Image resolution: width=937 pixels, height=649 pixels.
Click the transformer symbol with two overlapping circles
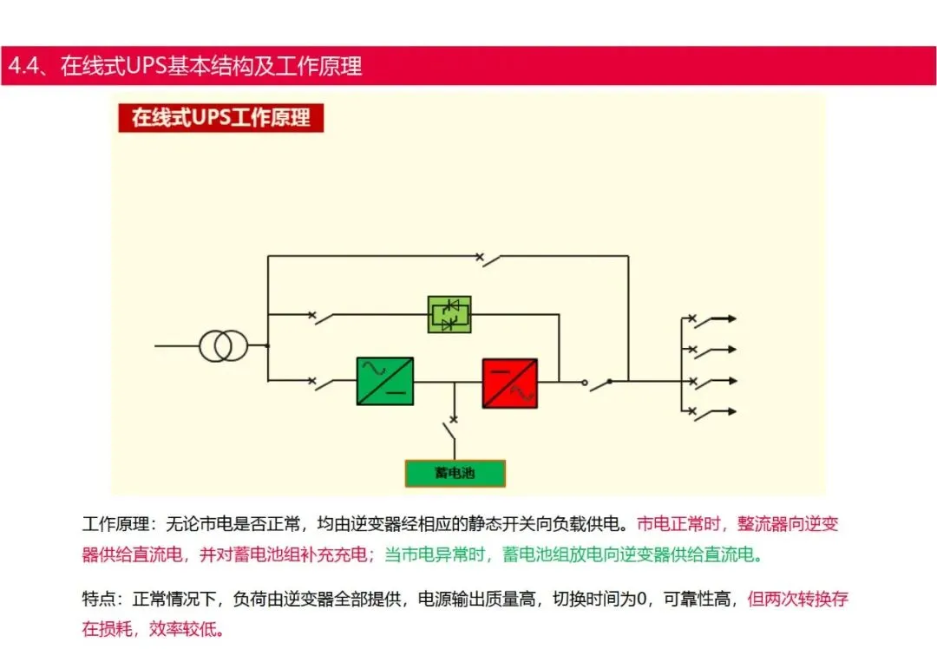pyautogui.click(x=223, y=346)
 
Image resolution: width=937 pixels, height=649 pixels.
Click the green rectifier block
pyautogui.click(x=384, y=381)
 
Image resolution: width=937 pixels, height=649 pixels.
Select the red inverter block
pyautogui.click(x=510, y=383)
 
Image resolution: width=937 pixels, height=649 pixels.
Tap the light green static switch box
pyautogui.click(x=449, y=314)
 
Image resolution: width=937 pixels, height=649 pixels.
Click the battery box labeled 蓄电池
pyautogui.click(x=455, y=473)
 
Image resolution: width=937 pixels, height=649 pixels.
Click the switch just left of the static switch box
pyautogui.click(x=324, y=317)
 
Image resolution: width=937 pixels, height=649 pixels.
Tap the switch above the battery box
pyautogui.click(x=452, y=427)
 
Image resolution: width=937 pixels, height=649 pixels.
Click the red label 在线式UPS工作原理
pyautogui.click(x=220, y=117)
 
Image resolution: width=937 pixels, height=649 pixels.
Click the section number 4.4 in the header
pyautogui.click(x=23, y=66)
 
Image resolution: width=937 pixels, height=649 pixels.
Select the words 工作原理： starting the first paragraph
pyautogui.click(x=116, y=524)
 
